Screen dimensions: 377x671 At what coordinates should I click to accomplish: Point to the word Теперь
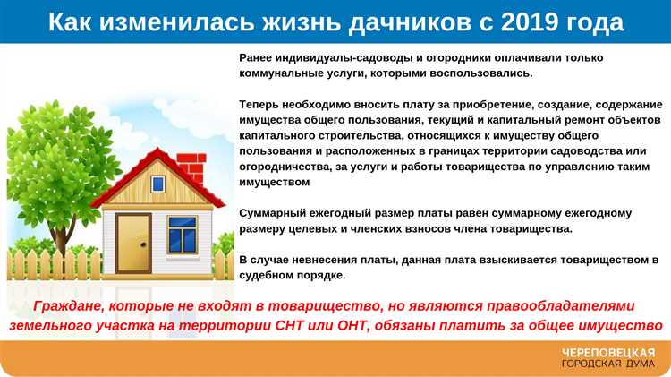260,105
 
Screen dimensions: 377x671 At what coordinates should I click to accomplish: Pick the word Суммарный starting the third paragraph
271,213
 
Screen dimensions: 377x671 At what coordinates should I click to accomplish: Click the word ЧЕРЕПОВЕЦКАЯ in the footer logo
607,352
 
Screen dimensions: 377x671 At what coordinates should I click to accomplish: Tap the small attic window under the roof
158,184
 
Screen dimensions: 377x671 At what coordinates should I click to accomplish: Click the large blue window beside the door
182,234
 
